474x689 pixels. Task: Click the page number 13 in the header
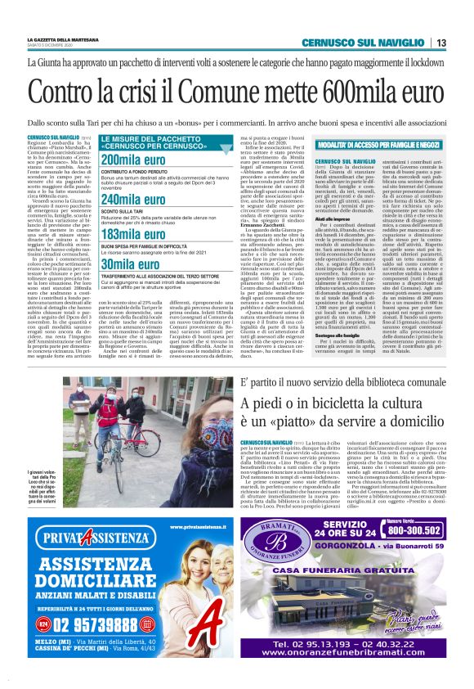coord(440,43)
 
